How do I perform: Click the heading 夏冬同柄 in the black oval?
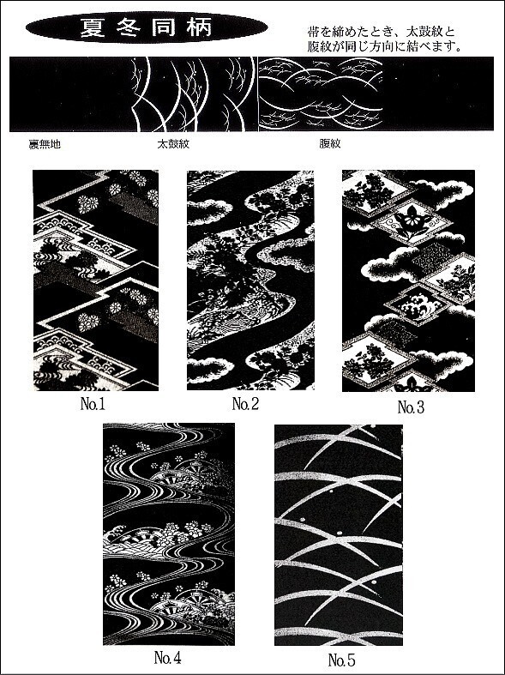click(x=146, y=27)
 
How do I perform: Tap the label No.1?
click(x=93, y=404)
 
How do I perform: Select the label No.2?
click(x=245, y=404)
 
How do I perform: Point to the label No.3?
click(x=411, y=407)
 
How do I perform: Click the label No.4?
click(x=167, y=658)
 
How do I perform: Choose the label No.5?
click(x=341, y=660)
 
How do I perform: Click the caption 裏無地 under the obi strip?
click(x=45, y=145)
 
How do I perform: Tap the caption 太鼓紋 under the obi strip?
click(x=173, y=144)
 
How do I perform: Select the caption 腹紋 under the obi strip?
click(x=330, y=144)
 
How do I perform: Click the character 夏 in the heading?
click(x=90, y=27)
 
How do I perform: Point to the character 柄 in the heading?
click(x=201, y=27)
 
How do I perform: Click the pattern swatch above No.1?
click(x=95, y=280)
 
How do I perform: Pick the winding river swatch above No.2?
click(x=250, y=280)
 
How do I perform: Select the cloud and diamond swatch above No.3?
click(x=408, y=280)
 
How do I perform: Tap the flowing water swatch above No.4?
click(x=169, y=534)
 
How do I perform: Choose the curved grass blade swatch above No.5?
click(x=339, y=535)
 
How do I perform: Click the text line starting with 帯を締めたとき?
click(x=382, y=32)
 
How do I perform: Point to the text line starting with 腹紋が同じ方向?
click(x=385, y=46)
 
